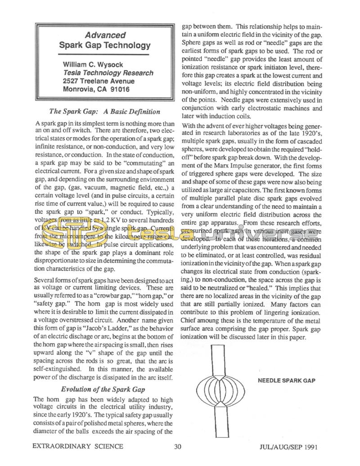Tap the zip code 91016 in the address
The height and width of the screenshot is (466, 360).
coord(118,89)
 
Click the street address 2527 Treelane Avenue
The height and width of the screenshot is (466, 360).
coord(99,81)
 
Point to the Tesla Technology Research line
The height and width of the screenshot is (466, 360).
coord(108,72)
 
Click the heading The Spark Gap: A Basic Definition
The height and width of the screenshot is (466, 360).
coord(104,112)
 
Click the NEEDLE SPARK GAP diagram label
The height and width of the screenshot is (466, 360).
coord(286,380)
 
